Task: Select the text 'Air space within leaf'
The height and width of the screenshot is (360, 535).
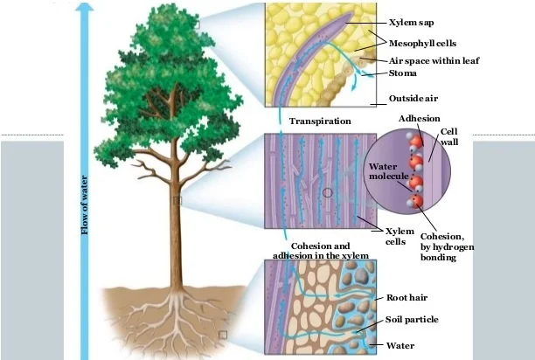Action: click(x=434, y=60)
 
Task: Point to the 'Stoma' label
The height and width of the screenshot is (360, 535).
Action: click(x=404, y=74)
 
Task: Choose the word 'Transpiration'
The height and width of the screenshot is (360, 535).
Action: click(x=320, y=121)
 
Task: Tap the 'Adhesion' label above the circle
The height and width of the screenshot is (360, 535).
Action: click(x=419, y=118)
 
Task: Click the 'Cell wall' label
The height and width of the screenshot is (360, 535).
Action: click(x=449, y=137)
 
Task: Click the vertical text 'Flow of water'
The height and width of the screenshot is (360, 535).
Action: click(x=86, y=205)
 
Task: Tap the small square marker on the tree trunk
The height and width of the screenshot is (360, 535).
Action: click(x=177, y=201)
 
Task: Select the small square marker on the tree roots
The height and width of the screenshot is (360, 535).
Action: click(x=222, y=335)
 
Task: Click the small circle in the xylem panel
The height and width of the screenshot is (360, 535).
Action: click(x=327, y=191)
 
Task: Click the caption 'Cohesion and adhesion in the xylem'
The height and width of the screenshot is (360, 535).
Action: click(x=320, y=251)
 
